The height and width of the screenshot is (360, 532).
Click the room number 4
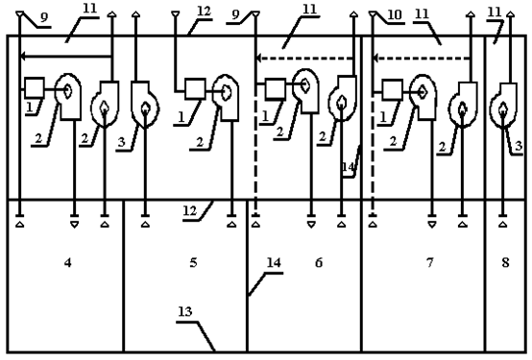68,263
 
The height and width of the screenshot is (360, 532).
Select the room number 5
193,263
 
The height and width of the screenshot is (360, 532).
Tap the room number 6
319,263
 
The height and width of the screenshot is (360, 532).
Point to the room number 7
430,263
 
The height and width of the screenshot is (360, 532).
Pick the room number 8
505,263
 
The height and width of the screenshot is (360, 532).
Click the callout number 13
185,311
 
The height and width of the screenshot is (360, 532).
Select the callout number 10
395,15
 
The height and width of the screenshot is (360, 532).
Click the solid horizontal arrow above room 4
66,56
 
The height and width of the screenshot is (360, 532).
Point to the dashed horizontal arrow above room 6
304,59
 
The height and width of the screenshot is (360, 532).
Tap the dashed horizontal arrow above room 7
422,59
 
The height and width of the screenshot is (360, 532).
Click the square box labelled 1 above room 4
35,88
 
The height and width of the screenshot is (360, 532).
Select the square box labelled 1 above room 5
195,89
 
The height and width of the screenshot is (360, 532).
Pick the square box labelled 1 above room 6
276,89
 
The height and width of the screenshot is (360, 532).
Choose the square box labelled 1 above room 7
393,90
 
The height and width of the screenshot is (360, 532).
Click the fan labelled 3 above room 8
504,106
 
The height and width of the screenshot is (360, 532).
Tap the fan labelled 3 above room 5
145,104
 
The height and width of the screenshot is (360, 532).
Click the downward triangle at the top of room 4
74,225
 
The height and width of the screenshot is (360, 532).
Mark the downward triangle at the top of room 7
431,225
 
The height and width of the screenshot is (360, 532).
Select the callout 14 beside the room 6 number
274,263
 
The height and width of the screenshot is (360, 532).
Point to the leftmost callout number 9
44,17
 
